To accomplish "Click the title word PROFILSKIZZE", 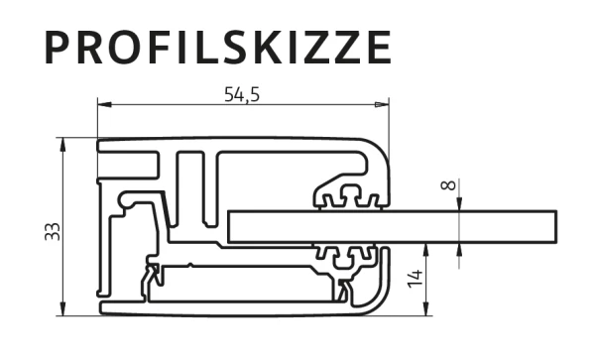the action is [218, 48].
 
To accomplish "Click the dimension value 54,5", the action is [242, 94].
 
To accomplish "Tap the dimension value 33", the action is [53, 231].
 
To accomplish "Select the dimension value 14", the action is [416, 279].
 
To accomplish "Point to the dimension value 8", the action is [448, 185].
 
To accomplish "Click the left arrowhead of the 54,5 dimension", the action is [104, 104].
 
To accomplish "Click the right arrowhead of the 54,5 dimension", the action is [382, 104].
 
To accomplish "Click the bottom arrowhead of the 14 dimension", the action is [426, 308].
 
